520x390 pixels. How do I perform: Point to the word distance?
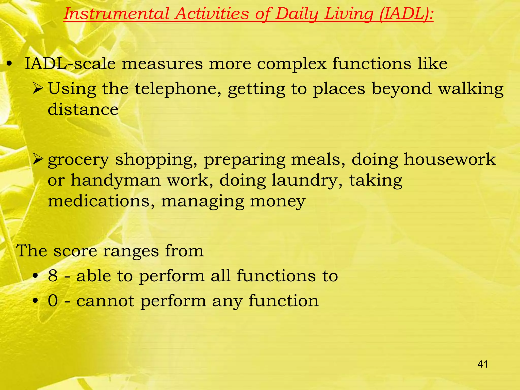pyautogui.click(x=83, y=109)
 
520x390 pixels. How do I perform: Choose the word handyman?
pyautogui.click(x=116, y=181)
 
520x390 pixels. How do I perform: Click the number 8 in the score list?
pyautogui.click(x=53, y=276)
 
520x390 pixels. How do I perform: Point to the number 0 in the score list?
pyautogui.click(x=53, y=301)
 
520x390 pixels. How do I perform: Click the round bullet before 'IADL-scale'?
pyautogui.click(x=9, y=64)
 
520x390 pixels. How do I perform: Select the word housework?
pyautogui.click(x=450, y=160)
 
